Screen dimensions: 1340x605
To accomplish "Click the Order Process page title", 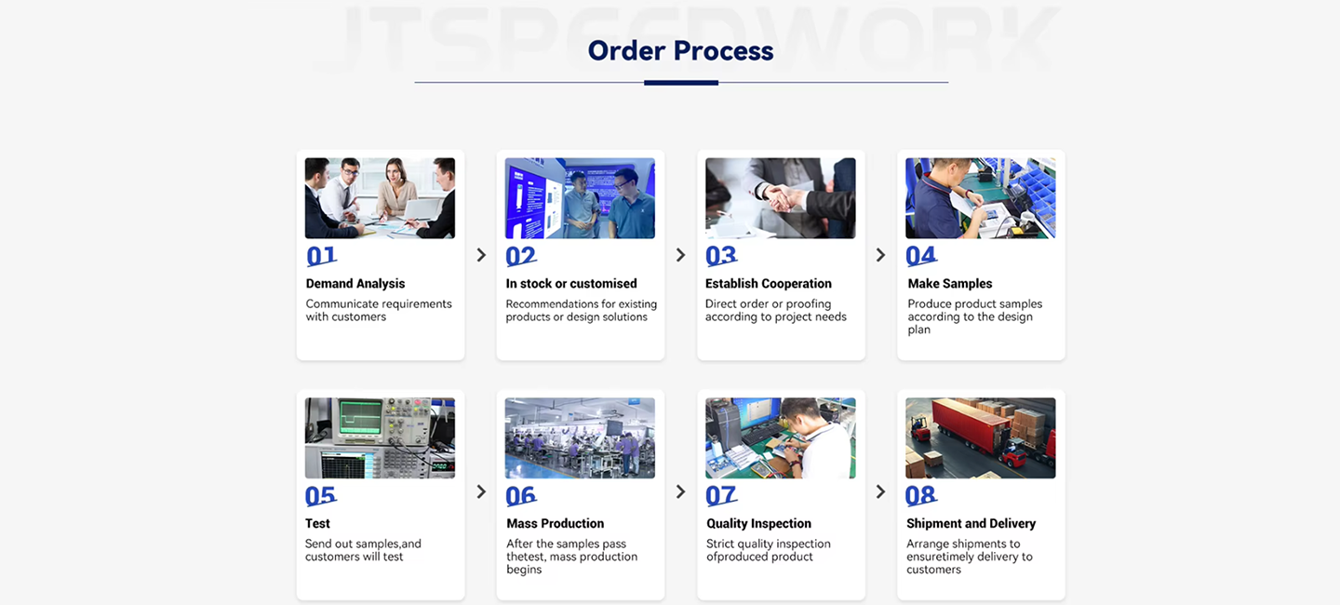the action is tap(680, 50).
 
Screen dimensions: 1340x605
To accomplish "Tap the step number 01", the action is tap(321, 256).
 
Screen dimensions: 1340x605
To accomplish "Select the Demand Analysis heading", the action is tap(355, 284).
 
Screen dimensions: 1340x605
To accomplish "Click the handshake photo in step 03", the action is tap(780, 198).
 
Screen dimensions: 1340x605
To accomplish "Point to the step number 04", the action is tap(921, 256).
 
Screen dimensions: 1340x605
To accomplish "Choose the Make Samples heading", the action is tap(949, 284).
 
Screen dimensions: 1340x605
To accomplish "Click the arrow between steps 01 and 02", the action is tap(482, 255).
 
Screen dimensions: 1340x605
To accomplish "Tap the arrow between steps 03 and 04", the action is tap(880, 255).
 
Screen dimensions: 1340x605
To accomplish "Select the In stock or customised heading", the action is tap(571, 284).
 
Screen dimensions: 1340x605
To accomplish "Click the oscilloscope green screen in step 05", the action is tap(361, 417).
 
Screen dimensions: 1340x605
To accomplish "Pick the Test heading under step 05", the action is tap(317, 524).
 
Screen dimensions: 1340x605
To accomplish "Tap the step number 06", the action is tap(521, 496).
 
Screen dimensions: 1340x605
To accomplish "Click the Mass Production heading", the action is tap(556, 524).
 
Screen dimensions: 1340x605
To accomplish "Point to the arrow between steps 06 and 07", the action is tap(681, 491).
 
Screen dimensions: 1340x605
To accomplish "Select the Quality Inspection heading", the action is tap(758, 524).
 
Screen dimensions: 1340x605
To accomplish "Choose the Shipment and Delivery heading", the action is tap(971, 524).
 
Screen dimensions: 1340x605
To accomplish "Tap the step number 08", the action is tap(921, 496).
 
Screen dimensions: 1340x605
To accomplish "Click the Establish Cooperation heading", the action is tap(768, 284).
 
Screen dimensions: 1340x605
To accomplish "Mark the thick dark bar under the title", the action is tap(681, 83).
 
